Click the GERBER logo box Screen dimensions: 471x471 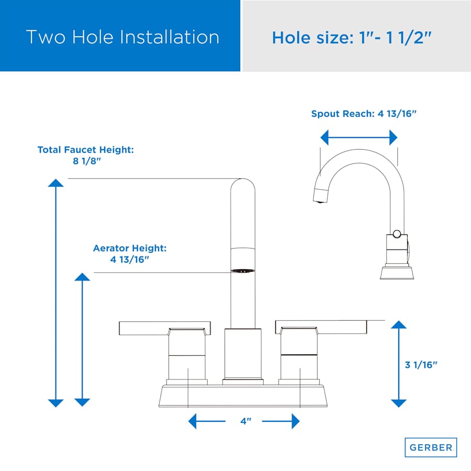(x=431, y=447)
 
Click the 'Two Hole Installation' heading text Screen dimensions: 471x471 (x=122, y=37)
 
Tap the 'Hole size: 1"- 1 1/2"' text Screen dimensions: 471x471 (x=352, y=38)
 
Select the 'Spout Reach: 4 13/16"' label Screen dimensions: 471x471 (x=364, y=114)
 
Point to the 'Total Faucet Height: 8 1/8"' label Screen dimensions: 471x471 (x=86, y=155)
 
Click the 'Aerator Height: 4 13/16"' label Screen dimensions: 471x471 (x=130, y=253)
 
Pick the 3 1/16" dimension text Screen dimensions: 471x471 (x=421, y=365)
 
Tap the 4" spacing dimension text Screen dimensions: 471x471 (x=246, y=421)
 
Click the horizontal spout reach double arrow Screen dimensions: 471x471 (x=359, y=138)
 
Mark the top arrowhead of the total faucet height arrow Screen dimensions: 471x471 (x=55, y=183)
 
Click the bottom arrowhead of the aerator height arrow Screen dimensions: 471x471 (x=82, y=402)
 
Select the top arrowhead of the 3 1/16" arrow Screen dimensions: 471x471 (x=399, y=324)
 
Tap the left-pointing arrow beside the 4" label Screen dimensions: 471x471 (x=207, y=421)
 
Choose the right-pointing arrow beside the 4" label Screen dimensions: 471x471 (x=281, y=421)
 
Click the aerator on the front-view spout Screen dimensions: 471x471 (x=243, y=271)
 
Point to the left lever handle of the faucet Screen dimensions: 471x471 (x=165, y=328)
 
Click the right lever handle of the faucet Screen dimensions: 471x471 (x=321, y=327)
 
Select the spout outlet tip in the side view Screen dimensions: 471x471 (x=320, y=195)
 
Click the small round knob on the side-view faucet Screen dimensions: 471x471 (x=397, y=234)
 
